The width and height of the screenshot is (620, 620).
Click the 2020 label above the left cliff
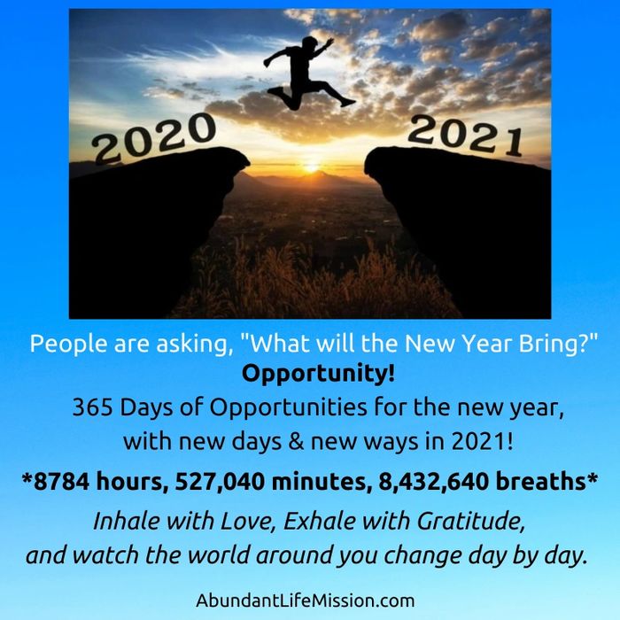(154, 138)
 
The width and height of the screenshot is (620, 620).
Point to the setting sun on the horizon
(312, 169)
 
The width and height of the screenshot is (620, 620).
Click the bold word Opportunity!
(318, 374)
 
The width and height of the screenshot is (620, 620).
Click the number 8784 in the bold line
(61, 481)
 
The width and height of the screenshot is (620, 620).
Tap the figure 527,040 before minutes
(220, 482)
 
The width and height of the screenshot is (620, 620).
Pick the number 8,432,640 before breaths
(433, 482)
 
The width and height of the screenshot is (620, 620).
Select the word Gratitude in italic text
(470, 521)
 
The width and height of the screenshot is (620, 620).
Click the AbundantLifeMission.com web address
(306, 601)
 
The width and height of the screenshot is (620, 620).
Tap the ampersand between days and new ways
(296, 442)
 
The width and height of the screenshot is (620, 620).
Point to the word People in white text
(69, 344)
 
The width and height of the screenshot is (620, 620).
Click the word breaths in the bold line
(540, 481)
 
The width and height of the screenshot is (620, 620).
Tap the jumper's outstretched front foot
(349, 103)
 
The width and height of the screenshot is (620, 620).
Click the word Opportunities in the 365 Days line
(288, 408)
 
